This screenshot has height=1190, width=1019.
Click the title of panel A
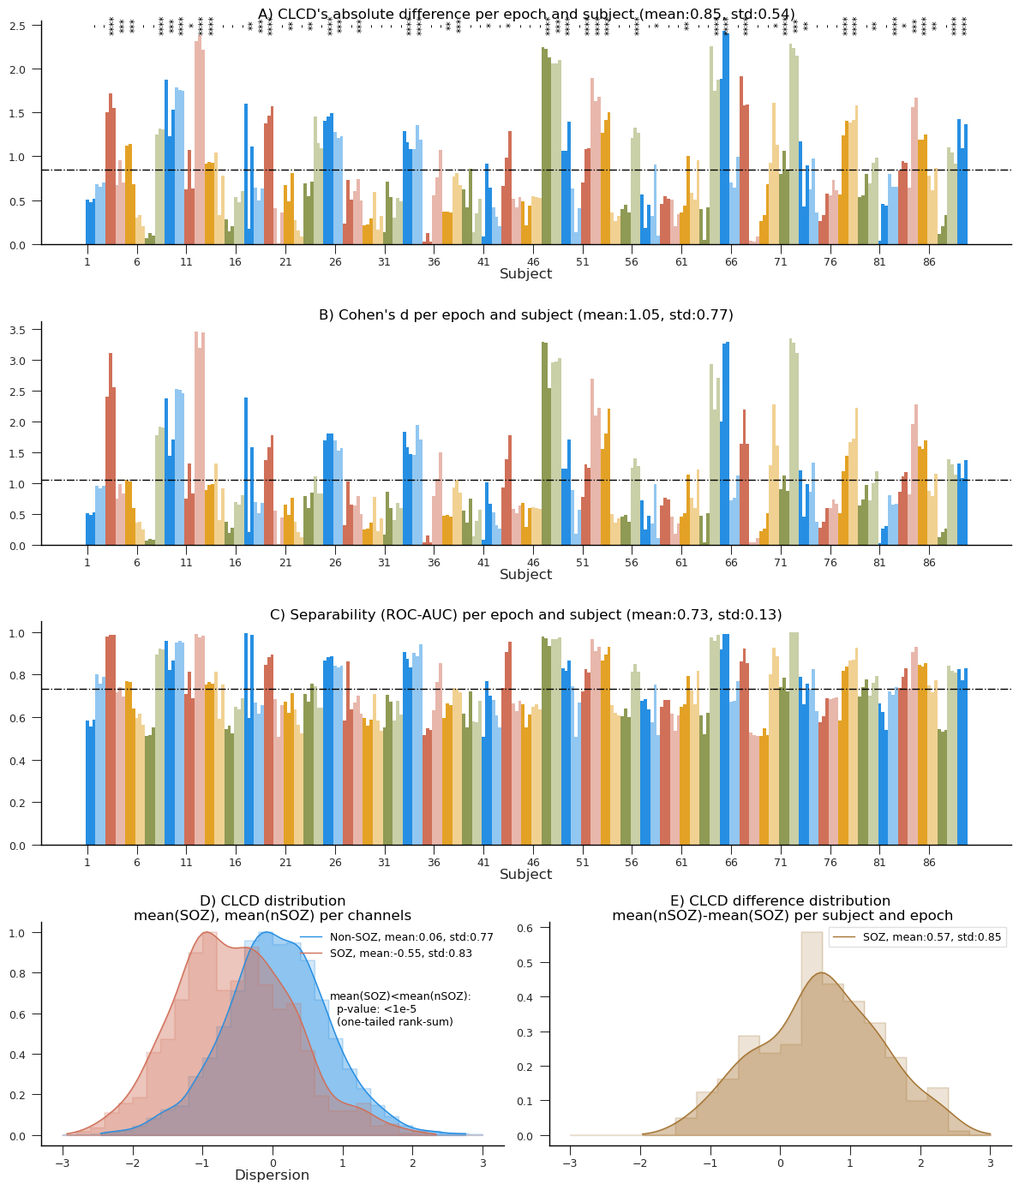pyautogui.click(x=526, y=14)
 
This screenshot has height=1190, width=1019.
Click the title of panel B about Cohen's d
pyautogui.click(x=526, y=314)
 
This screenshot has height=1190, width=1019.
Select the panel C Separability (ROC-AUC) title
pyautogui.click(x=526, y=614)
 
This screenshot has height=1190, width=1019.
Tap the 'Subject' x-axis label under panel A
pyautogui.click(x=526, y=274)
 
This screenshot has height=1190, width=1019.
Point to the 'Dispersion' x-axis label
pyautogui.click(x=272, y=1175)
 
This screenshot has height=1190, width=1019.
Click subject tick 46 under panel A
pyautogui.click(x=533, y=260)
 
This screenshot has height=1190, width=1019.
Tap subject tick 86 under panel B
pyautogui.click(x=929, y=560)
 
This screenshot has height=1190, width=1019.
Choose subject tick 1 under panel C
pyautogui.click(x=87, y=860)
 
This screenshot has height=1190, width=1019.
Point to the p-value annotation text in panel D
pyautogui.click(x=400, y=1009)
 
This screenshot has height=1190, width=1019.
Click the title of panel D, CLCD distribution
pyautogui.click(x=273, y=908)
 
